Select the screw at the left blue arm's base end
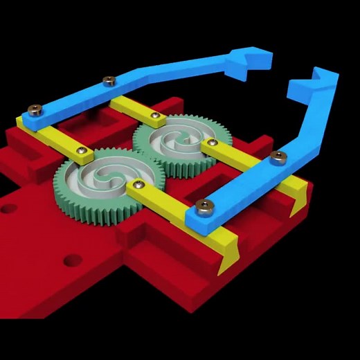pos(34,109)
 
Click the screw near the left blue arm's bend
pos(108,81)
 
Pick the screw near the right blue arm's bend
pos(278,157)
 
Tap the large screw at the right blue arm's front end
pos(204,206)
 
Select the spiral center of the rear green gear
pos(171,143)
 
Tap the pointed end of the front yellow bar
pos(229,258)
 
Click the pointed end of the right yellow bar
pos(299,201)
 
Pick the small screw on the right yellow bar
pos(213,143)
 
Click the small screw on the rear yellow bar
pos(154,115)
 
